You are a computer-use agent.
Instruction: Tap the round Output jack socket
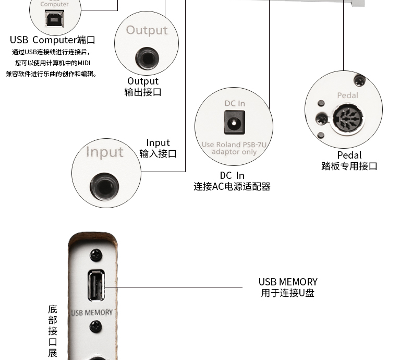pos(147,57)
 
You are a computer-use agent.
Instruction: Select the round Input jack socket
pos(104,186)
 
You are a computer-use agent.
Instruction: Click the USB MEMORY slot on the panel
pos(96,285)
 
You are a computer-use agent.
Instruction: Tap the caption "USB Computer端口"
pos(53,40)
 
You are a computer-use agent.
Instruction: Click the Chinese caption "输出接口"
pos(142,92)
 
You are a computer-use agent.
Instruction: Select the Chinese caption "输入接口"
pos(157,153)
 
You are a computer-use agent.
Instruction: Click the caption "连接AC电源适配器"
pos(232,187)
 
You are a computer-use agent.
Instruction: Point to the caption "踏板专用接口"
pos(349,166)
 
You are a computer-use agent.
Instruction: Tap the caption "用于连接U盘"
pos(287,293)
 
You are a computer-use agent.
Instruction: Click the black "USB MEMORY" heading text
pos(287,282)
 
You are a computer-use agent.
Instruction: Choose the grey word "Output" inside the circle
pos(147,30)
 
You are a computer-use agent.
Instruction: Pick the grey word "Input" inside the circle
pos(104,152)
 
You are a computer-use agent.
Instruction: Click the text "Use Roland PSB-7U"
pos(234,145)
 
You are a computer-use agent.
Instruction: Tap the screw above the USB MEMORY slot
pos(95,255)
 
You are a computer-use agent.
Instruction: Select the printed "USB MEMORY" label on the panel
pos(92,313)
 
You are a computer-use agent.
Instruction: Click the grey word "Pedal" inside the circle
pos(347,95)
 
